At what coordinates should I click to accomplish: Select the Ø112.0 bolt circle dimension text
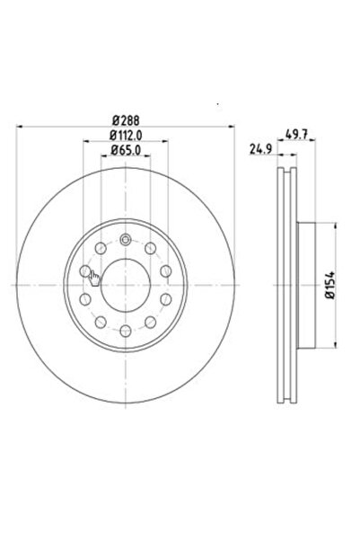point(127,136)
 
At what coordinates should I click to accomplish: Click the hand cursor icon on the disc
point(94,278)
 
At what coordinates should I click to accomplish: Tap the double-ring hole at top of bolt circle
point(126,239)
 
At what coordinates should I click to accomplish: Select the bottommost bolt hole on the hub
point(126,329)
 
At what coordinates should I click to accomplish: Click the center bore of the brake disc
point(126,283)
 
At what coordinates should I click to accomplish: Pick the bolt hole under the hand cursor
point(85,270)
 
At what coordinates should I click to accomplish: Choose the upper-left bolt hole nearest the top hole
point(100,247)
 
